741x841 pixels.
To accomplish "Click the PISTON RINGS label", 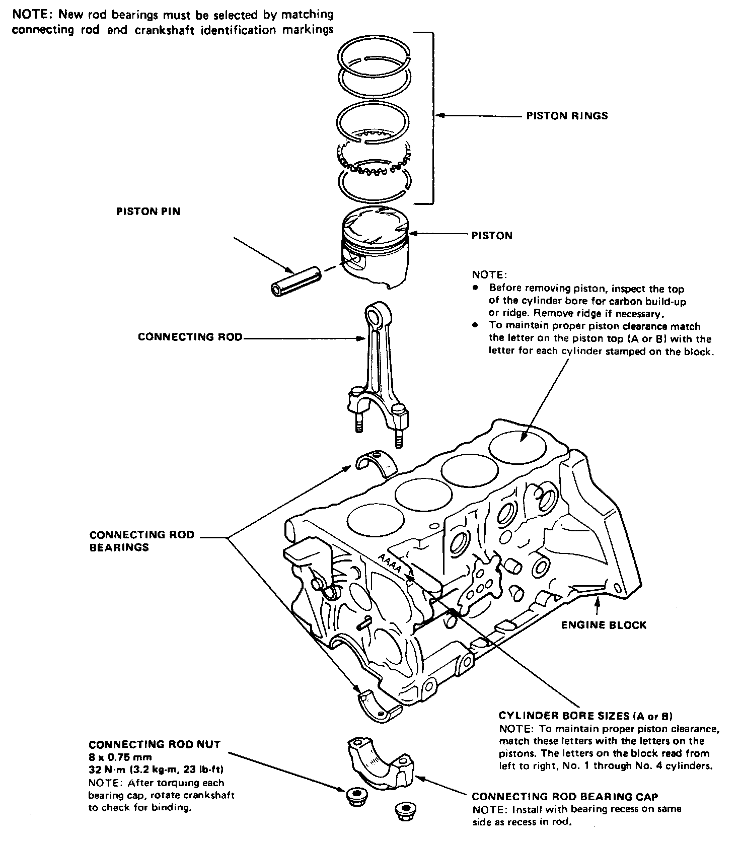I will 567,116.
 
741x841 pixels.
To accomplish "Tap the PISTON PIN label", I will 148,212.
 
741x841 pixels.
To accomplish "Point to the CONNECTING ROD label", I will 190,337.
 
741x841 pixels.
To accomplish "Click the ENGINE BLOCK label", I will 604,625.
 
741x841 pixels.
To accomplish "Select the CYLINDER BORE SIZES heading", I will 586,716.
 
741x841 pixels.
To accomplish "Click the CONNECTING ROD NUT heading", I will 155,744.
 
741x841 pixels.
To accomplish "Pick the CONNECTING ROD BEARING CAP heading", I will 565,796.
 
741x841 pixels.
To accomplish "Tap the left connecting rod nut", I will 356,796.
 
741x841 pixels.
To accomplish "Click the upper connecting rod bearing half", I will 377,464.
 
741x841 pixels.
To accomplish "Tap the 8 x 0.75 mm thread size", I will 120,757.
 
